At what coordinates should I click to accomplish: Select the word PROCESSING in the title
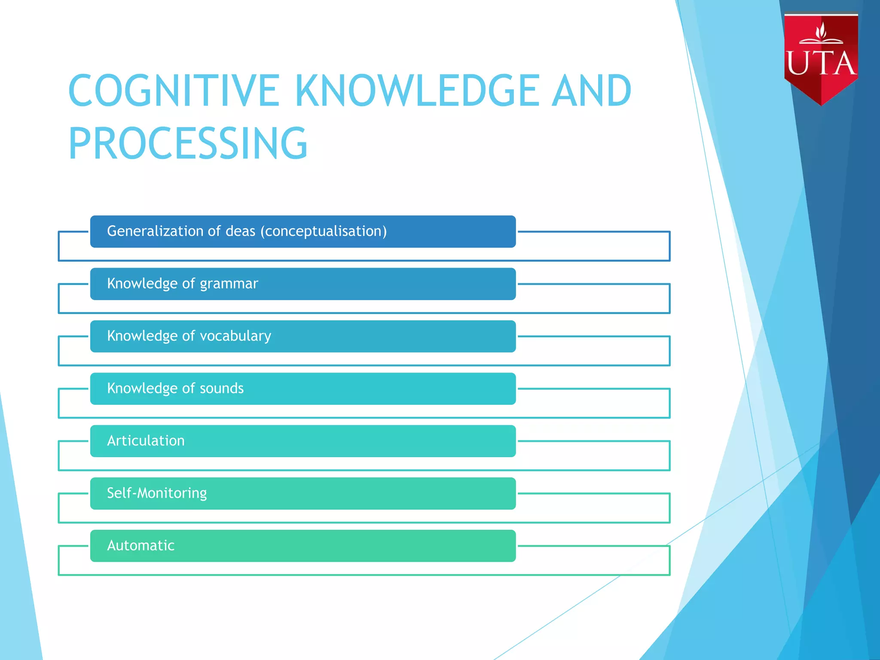pos(188,143)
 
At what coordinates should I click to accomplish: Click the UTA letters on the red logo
pos(821,64)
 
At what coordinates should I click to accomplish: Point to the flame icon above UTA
pos(821,31)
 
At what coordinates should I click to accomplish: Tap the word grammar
pos(229,284)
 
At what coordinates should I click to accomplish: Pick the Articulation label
pos(146,441)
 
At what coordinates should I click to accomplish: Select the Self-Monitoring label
pos(157,493)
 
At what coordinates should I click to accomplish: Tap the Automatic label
pos(141,545)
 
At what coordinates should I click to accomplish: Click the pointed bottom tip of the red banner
pos(821,104)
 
